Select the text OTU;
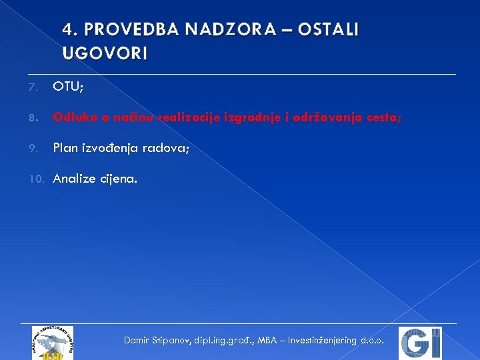pyautogui.click(x=70, y=87)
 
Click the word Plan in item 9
pyautogui.click(x=65, y=148)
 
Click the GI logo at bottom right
pyautogui.click(x=419, y=343)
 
